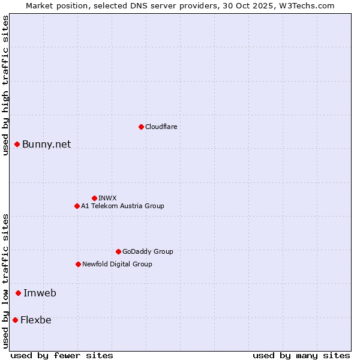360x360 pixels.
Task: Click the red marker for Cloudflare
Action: point(141,127)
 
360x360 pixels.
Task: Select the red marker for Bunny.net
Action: point(17,144)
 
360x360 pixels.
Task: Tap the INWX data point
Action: point(94,198)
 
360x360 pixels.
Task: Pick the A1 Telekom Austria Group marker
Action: point(77,206)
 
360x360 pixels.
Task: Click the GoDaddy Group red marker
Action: point(118,251)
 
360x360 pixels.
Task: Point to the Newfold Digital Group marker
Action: point(78,264)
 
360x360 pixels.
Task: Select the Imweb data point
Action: point(19,293)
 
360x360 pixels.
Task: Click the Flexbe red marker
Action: point(15,320)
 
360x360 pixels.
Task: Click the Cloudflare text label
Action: point(161,127)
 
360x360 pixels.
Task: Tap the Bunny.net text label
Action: point(46,144)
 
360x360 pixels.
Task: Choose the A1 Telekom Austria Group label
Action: point(122,206)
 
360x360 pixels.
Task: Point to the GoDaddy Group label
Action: point(148,251)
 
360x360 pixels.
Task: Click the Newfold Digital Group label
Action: point(117,264)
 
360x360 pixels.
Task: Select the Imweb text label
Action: point(40,293)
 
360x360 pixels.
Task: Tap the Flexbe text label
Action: point(35,320)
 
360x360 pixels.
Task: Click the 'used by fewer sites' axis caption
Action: point(62,355)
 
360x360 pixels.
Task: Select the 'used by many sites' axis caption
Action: point(301,355)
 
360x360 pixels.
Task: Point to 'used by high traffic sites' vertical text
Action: point(5,85)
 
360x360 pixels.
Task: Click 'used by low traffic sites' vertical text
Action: point(5,281)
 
